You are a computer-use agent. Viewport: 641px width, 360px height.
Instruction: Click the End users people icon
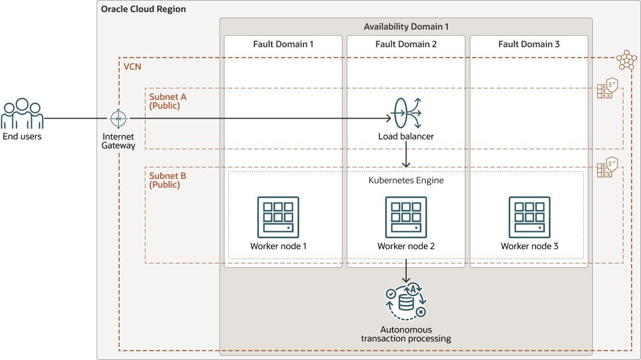22,114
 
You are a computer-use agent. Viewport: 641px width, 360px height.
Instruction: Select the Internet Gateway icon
118,118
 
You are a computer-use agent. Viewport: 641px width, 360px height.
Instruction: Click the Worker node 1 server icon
278,217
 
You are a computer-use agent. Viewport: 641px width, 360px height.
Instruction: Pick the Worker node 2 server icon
406,217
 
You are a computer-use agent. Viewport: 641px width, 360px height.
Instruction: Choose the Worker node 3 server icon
529,217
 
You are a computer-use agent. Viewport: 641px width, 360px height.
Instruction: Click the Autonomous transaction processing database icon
406,302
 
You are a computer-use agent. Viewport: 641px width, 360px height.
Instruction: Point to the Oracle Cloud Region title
143,9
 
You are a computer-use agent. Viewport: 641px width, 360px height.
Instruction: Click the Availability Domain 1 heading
406,27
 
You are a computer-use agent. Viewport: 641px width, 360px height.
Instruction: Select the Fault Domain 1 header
283,44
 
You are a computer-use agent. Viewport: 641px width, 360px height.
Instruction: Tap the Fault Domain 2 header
406,44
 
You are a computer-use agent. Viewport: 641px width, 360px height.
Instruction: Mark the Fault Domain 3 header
529,44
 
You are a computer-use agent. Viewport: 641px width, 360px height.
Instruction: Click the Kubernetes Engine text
406,180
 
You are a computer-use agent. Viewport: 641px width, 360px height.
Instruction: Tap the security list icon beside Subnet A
608,88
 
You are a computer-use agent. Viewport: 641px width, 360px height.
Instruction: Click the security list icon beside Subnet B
608,167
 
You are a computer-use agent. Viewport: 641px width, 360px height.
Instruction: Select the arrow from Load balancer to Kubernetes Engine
406,155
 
